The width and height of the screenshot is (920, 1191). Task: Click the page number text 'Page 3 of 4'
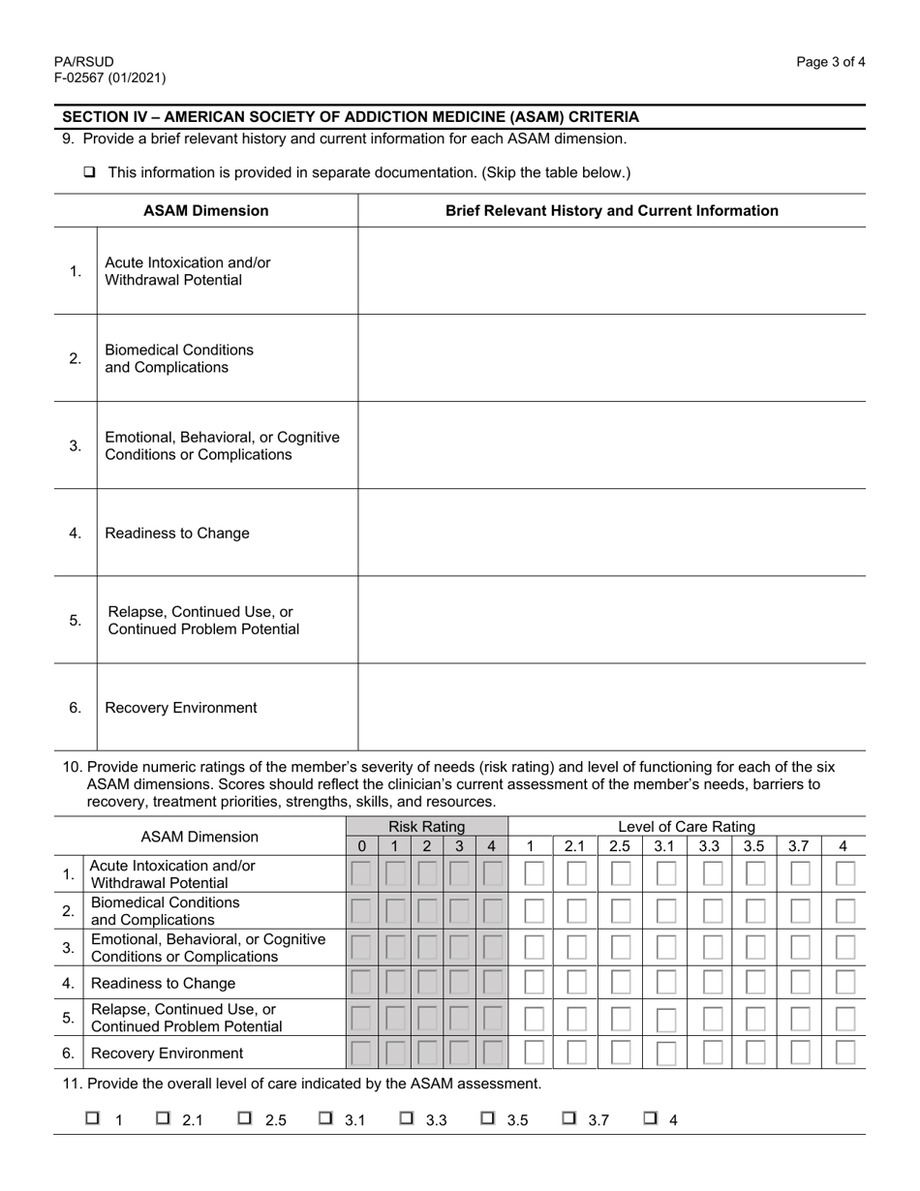831,62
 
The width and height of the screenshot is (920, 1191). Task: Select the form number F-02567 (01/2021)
109,78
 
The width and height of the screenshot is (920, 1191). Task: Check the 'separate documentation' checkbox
90,172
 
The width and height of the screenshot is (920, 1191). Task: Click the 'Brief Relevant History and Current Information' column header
611,210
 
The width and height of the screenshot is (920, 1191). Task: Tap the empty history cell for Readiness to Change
611,533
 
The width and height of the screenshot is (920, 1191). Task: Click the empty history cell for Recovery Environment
611,707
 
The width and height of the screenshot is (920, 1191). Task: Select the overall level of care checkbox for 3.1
327,1118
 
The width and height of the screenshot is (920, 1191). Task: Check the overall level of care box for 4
652,1118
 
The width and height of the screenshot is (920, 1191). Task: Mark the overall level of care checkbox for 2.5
246,1118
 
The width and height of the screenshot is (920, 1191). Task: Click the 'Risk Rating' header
426,827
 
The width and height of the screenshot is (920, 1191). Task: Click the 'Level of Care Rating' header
686,827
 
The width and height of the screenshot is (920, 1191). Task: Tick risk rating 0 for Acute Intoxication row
361,874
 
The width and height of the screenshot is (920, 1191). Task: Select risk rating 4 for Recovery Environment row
491,1053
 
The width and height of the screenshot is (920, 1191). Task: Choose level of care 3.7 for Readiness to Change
800,983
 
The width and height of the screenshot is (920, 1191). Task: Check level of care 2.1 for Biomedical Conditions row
575,911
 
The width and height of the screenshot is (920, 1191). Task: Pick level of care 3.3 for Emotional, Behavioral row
711,947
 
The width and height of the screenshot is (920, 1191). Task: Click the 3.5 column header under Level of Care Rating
753,846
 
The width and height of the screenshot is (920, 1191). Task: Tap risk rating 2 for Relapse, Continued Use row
426,1018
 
